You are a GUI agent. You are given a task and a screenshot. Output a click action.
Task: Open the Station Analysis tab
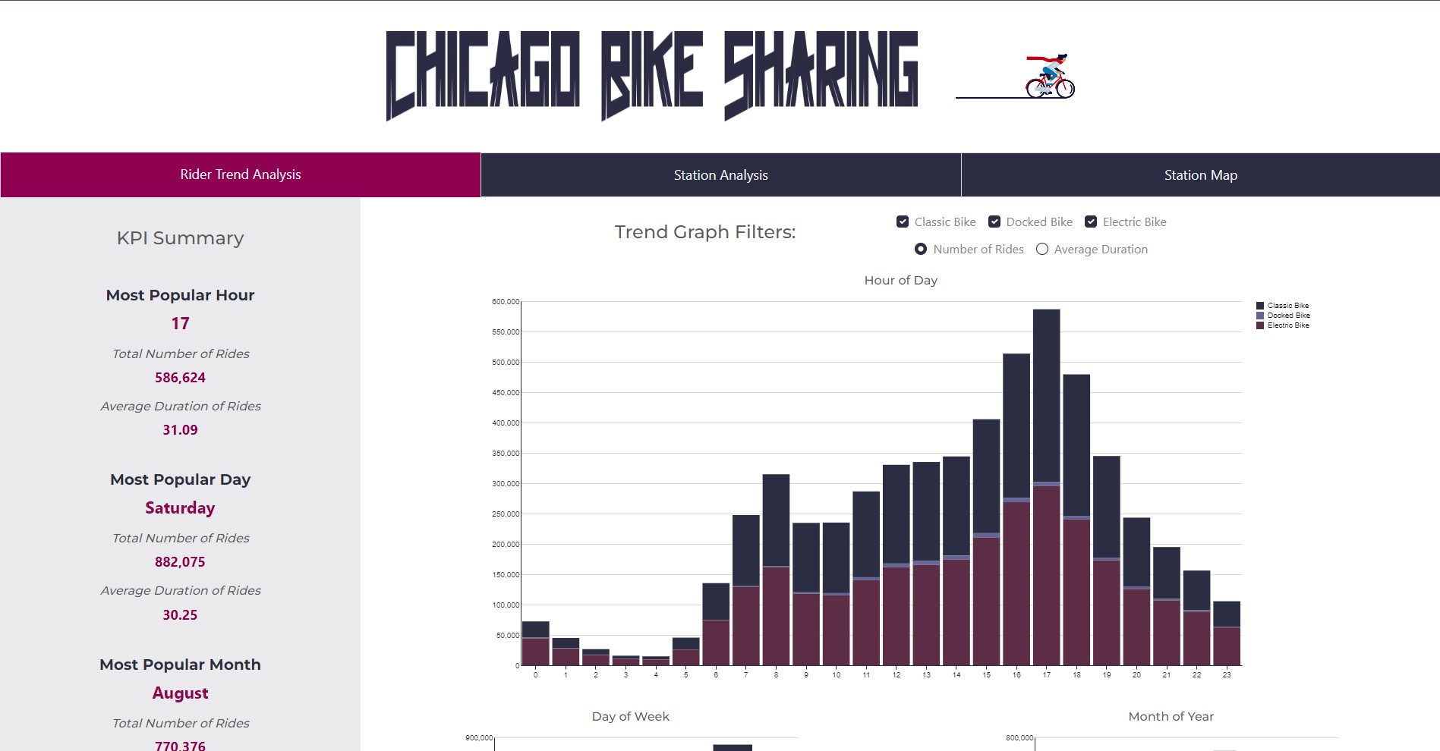720,175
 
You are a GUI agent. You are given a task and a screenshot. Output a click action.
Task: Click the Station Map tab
1200,175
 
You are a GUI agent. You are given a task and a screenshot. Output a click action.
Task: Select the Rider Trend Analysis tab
240,174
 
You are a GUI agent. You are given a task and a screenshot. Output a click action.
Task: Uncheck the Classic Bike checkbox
903,222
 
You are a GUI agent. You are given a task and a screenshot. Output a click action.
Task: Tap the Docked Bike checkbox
994,222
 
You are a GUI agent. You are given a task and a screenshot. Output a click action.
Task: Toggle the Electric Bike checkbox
1091,222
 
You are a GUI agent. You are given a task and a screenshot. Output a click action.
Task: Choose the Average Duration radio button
1042,249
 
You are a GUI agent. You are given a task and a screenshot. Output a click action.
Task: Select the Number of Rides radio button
921,249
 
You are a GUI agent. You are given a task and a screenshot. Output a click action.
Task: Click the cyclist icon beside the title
1050,77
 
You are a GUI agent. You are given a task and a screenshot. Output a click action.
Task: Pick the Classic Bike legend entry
1287,306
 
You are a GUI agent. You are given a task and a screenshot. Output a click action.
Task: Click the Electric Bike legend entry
1287,325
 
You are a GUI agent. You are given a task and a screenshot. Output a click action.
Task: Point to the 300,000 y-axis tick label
506,483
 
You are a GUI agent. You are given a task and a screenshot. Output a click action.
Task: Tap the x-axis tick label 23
1227,674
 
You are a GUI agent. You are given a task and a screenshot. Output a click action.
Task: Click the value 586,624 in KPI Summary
180,378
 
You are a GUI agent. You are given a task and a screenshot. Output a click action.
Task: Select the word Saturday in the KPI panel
180,508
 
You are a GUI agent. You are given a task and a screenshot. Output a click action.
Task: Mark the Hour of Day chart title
900,281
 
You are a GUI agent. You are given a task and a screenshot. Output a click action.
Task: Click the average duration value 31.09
180,430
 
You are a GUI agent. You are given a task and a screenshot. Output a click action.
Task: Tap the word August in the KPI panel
180,693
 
